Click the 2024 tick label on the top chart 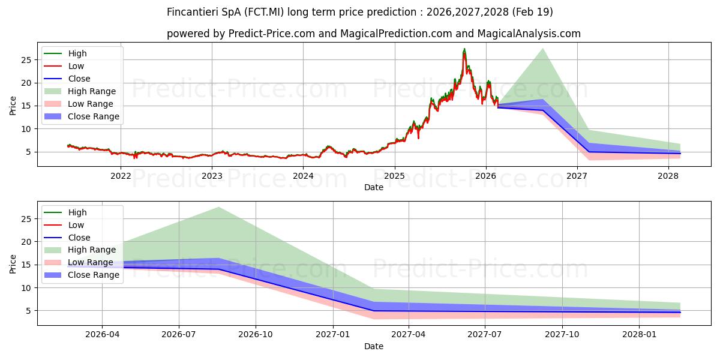(303, 176)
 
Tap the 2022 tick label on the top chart (121, 176)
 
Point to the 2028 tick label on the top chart (668, 176)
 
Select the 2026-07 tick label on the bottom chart (179, 335)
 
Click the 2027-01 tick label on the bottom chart (332, 335)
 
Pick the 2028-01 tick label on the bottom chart (640, 335)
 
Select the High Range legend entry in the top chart (80, 91)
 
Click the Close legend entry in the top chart (67, 79)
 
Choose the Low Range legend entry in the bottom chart (79, 262)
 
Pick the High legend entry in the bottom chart (65, 212)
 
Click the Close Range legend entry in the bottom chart (82, 275)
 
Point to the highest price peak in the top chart (464, 49)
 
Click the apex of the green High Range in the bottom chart (218, 207)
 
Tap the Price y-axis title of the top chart (13, 106)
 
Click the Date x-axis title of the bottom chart (373, 347)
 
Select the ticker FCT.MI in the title (264, 12)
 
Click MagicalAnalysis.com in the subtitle (529, 34)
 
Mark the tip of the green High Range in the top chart (542, 48)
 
